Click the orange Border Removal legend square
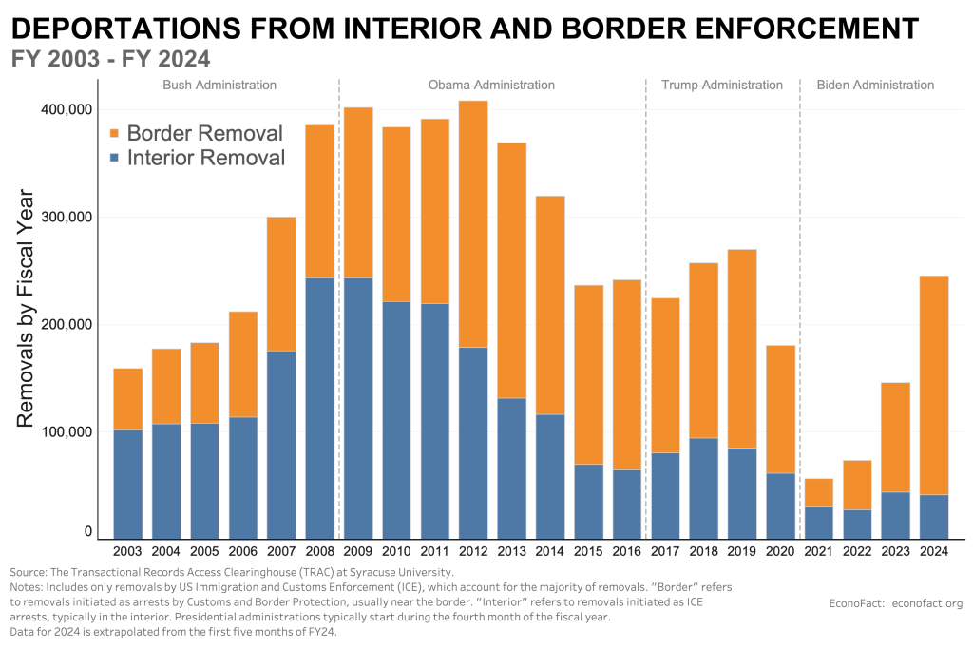click(116, 134)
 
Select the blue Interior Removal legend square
click(116, 159)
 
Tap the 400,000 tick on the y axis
click(67, 110)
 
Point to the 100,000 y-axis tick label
click(67, 431)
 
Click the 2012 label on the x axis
click(473, 551)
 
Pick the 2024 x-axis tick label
click(934, 551)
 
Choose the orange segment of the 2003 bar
click(127, 399)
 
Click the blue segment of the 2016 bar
click(627, 504)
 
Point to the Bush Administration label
click(219, 85)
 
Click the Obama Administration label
click(491, 85)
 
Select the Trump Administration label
click(722, 85)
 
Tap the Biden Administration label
click(875, 85)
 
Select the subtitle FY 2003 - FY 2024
click(110, 58)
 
